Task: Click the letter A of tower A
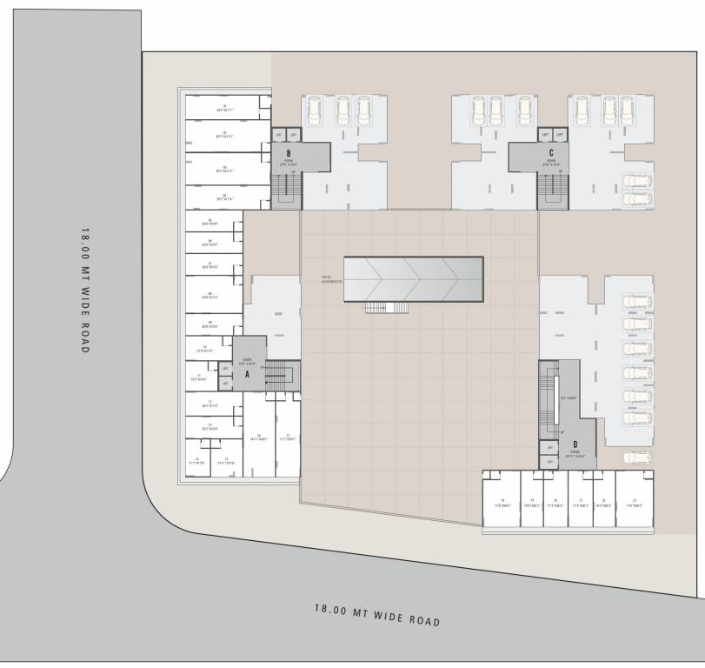click(x=248, y=375)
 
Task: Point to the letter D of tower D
click(x=575, y=445)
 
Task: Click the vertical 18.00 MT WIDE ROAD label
click(x=85, y=290)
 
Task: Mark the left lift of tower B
click(x=279, y=135)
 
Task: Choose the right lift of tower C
click(x=560, y=135)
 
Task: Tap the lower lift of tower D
click(x=548, y=461)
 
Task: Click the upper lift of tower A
click(x=225, y=369)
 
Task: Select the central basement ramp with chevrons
click(x=413, y=278)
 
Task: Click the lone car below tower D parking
click(x=637, y=457)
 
